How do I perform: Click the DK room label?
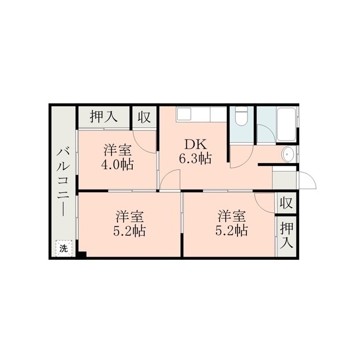pyautogui.click(x=195, y=145)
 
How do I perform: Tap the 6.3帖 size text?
pyautogui.click(x=195, y=159)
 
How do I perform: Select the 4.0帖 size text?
pyautogui.click(x=118, y=164)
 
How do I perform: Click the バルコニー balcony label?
pyautogui.click(x=63, y=182)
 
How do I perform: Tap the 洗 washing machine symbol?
pyautogui.click(x=64, y=249)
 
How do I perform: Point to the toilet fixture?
pyautogui.click(x=241, y=116)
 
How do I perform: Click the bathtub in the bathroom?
pyautogui.click(x=286, y=124)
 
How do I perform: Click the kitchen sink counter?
pyautogui.click(x=201, y=114)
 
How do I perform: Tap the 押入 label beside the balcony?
pyautogui.click(x=103, y=116)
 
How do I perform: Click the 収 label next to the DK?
pyautogui.click(x=144, y=117)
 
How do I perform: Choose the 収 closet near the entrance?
pyautogui.click(x=286, y=202)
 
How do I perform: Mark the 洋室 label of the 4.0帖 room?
pyautogui.click(x=118, y=150)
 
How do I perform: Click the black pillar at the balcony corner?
pyautogui.click(x=82, y=254)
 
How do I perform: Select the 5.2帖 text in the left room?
pyautogui.click(x=129, y=231)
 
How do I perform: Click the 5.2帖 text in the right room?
pyautogui.click(x=231, y=231)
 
